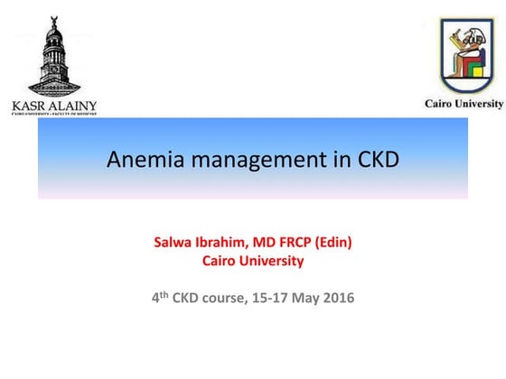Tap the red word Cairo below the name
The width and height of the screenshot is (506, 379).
[x=220, y=262]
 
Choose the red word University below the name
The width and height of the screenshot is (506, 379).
[x=272, y=262]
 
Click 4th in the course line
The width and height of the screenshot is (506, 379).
[x=159, y=298]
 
